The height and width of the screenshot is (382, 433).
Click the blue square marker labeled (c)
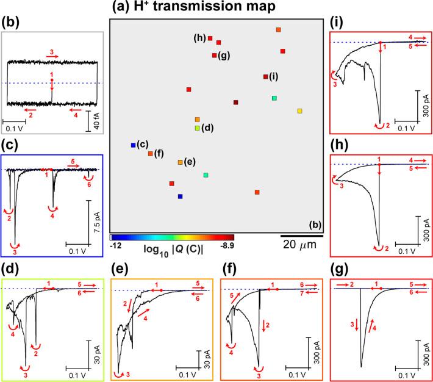pyautogui.click(x=133, y=145)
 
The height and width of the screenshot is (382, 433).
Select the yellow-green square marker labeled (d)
pyautogui.click(x=197, y=128)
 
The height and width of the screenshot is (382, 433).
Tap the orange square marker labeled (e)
pyautogui.click(x=180, y=162)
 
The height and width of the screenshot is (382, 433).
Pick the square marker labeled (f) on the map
pyautogui.click(x=150, y=154)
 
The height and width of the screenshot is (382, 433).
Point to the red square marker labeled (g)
pyautogui.click(x=214, y=56)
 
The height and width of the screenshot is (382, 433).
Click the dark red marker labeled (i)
pyautogui.click(x=265, y=77)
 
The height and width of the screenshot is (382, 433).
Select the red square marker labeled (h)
pyautogui.click(x=210, y=38)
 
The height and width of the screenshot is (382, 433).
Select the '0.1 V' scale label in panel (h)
pyautogui.click(x=407, y=249)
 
